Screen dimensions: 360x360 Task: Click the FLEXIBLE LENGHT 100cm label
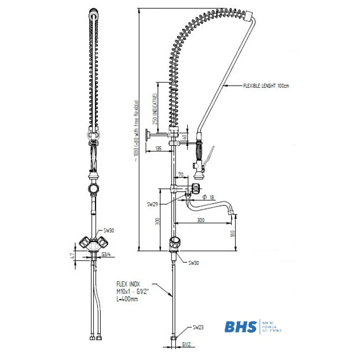[266, 86]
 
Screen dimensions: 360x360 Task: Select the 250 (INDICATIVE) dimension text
[155, 109]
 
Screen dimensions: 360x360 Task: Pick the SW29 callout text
[153, 204]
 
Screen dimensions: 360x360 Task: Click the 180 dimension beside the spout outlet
[233, 233]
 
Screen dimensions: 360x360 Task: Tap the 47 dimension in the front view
[72, 256]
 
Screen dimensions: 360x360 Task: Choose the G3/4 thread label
[106, 255]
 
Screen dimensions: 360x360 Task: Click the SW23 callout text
[198, 327]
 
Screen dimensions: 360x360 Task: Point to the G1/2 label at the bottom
[186, 344]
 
